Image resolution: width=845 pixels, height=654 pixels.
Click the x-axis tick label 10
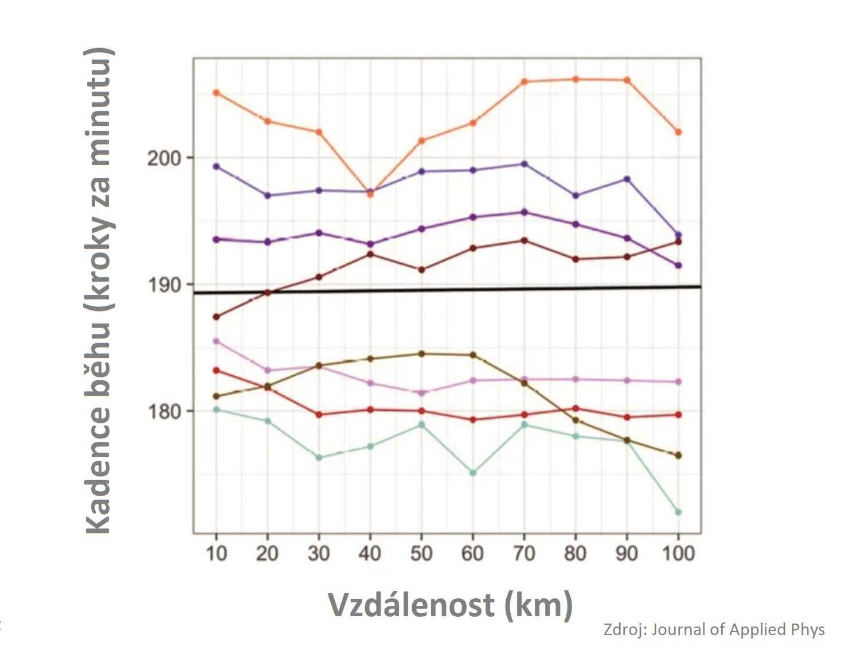216,554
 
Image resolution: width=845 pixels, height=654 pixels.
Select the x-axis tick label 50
421,554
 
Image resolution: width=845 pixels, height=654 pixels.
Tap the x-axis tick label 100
678,554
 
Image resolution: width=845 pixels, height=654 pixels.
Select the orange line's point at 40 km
370,194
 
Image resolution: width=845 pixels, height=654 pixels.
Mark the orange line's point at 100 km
678,132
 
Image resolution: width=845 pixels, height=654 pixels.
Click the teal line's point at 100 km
678,512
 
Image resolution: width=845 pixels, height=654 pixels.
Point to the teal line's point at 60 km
473,473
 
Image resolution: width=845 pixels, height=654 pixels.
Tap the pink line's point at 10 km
216,341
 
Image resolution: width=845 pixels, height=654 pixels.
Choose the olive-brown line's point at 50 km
421,354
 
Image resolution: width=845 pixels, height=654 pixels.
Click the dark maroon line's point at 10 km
216,317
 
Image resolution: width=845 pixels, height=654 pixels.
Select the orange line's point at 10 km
216,93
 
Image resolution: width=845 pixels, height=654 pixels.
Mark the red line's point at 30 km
319,415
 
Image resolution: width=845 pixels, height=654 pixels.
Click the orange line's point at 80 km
576,80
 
